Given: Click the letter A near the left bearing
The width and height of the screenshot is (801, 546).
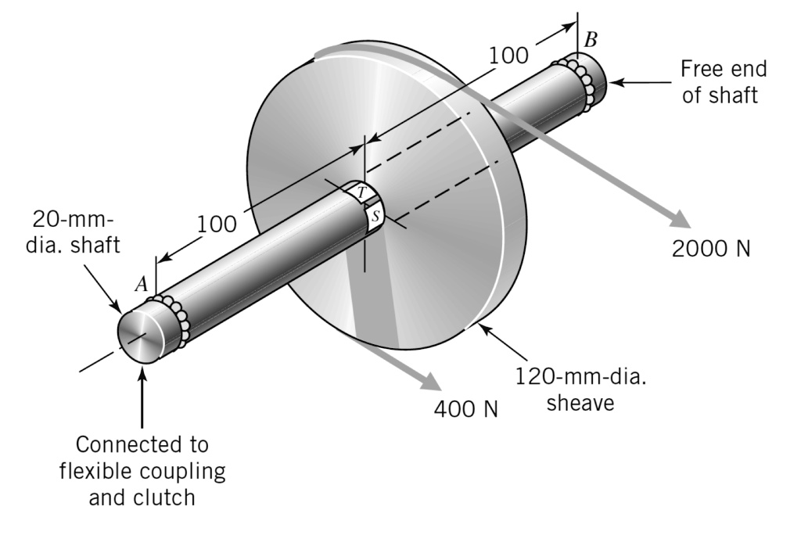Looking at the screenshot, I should click(x=142, y=285).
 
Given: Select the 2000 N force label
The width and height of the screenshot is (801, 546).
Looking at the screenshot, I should click(x=711, y=248).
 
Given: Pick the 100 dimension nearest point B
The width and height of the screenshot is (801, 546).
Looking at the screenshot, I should click(x=508, y=56).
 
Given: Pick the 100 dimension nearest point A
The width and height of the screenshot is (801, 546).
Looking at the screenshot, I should click(x=216, y=224).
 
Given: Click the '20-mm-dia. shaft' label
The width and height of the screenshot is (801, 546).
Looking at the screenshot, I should click(x=76, y=232).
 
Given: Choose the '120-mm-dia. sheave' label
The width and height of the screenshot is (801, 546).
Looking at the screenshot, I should click(x=585, y=390).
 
